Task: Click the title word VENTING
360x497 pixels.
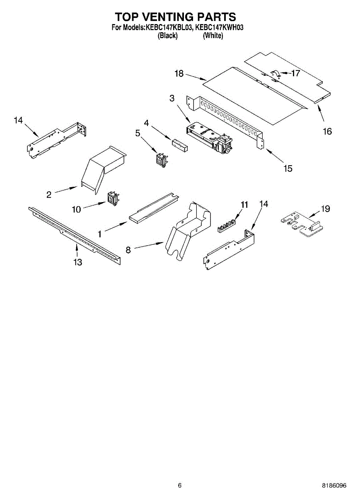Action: [167, 17]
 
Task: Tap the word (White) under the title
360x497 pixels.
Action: [213, 36]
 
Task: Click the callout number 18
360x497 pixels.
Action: [179, 73]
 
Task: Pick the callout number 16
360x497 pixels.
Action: [327, 131]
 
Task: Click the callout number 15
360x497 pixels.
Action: [288, 168]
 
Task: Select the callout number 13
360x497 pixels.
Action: [78, 262]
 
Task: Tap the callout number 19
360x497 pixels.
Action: [325, 209]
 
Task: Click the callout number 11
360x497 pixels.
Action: [244, 204]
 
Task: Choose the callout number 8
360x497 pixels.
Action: [128, 250]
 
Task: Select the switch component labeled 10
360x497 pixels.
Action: [112, 198]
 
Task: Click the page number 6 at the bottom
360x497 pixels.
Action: [179, 485]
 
